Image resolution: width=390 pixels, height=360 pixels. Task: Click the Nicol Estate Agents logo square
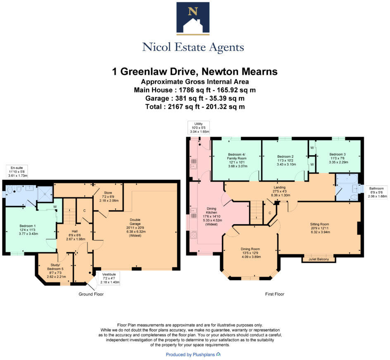pos(193,18)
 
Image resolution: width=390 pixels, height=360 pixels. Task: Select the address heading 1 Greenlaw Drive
pos(195,72)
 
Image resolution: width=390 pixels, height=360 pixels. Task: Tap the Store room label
pos(108,196)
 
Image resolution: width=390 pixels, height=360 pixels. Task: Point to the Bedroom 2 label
pos(285,161)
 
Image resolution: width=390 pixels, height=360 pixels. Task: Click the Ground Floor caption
pos(91,294)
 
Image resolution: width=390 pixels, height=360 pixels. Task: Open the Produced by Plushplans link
pos(193,355)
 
